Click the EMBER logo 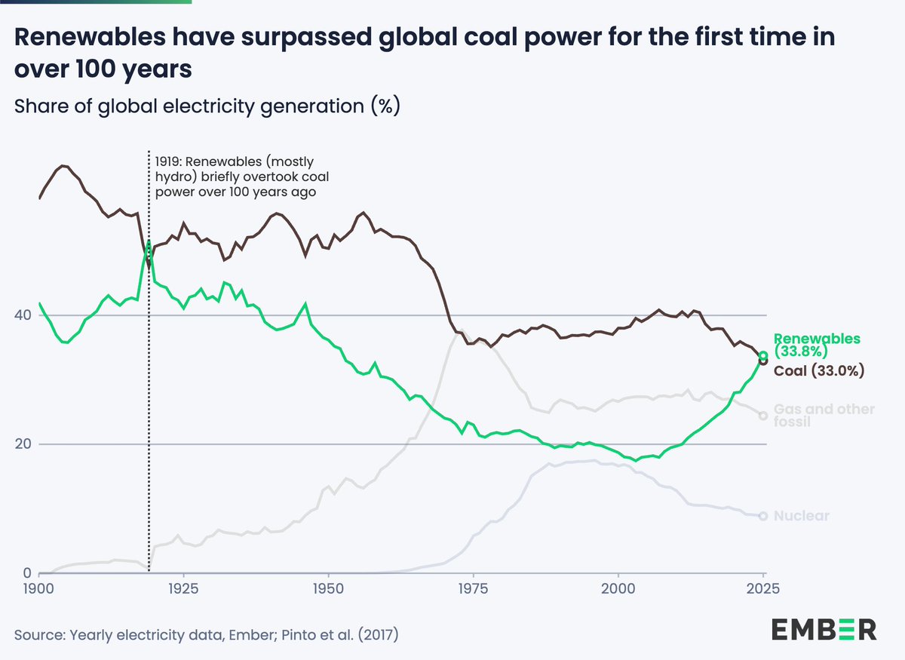coord(824,629)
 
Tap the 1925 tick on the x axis coord(182,588)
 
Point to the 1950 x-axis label coord(327,588)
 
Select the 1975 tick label coord(473,588)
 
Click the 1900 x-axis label coord(38,588)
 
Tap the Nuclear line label coord(802,517)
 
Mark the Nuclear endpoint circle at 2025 coord(763,516)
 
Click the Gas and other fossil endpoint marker coord(763,416)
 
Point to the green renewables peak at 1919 coord(149,242)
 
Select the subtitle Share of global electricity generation coord(206,106)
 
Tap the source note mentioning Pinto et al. coord(206,635)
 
